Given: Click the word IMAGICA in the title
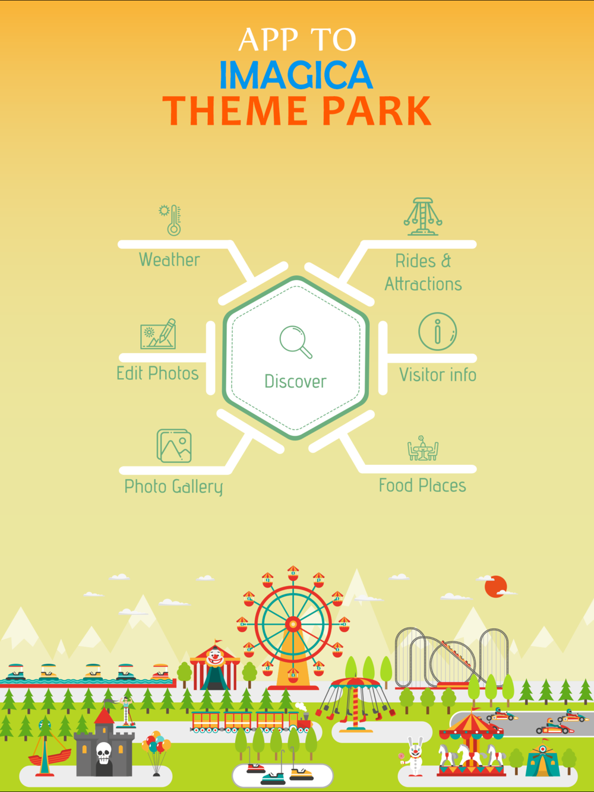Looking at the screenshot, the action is tap(296, 75).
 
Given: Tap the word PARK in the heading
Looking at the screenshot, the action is tap(377, 111).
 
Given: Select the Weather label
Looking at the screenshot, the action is tap(169, 260).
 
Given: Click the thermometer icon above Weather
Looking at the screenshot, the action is tap(170, 220).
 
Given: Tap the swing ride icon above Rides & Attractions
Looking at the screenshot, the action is tap(423, 217).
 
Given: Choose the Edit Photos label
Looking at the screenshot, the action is tap(157, 373).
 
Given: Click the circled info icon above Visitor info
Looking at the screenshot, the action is tap(437, 331).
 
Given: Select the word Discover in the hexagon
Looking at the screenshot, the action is tap(295, 381).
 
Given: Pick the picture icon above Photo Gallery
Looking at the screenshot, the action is tap(174, 446).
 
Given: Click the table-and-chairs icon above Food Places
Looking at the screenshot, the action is tap(423, 448).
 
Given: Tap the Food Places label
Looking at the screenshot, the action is tap(422, 485).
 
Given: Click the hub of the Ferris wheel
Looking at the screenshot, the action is tap(293, 624).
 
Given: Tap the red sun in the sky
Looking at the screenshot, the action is tap(495, 587).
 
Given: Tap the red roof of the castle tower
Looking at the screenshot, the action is tap(104, 715).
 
